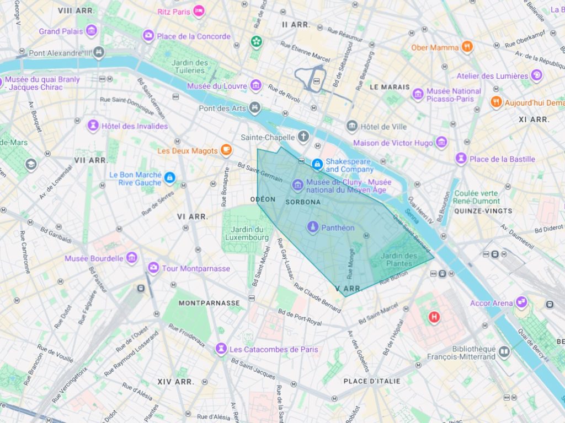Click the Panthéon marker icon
point(313,227)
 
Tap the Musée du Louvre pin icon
point(255,86)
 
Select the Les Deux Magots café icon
point(226,150)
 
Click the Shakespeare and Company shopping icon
point(317,164)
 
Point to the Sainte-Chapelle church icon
point(303,136)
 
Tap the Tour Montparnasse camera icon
point(153,268)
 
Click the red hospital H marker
point(434,317)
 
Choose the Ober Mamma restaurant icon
point(467,47)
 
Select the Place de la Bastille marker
point(461,159)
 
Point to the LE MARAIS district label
point(390,87)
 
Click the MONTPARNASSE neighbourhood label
point(209,303)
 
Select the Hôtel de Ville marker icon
point(352,127)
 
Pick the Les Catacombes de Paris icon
point(221,349)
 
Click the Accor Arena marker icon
point(521,302)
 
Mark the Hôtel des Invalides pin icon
point(93,126)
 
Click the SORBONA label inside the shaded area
point(303,202)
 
